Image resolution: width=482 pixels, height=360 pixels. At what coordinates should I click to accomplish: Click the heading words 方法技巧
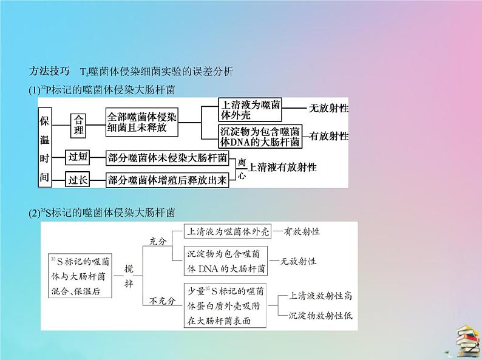coord(49,71)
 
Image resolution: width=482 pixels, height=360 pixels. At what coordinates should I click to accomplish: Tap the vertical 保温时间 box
coord(44,148)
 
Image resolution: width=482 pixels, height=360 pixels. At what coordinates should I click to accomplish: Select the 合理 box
coord(78,125)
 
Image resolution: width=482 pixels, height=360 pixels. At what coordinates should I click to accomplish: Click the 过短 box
coord(78,157)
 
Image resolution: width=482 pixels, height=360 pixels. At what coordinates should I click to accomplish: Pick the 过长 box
coord(78,179)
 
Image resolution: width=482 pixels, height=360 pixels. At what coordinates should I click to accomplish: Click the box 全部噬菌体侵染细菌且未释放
coord(141,122)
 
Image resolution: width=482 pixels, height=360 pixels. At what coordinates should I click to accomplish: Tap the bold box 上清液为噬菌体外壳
coord(250,110)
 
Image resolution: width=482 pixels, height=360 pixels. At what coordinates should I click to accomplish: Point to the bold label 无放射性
coord(328,108)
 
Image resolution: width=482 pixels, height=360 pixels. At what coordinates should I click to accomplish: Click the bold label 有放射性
coord(329,136)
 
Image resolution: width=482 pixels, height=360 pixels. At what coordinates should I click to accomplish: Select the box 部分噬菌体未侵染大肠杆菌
coord(168,158)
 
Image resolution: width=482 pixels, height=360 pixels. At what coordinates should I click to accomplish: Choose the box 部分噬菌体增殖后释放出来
coord(168,180)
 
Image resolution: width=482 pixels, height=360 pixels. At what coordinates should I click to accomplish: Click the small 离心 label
coord(242,169)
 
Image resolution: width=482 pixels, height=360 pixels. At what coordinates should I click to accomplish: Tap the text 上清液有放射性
coord(282,167)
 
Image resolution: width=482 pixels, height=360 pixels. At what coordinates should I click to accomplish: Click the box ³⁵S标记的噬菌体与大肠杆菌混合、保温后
coord(80,276)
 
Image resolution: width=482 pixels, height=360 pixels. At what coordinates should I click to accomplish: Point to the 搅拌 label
coord(129,276)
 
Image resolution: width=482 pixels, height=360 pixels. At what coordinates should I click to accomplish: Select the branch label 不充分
coord(162,301)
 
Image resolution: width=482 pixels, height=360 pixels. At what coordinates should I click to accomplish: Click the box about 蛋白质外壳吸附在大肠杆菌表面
coord(225,305)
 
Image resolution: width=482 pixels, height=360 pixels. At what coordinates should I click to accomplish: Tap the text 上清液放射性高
coord(320,296)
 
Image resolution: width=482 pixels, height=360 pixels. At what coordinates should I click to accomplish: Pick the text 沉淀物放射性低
coord(321,316)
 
